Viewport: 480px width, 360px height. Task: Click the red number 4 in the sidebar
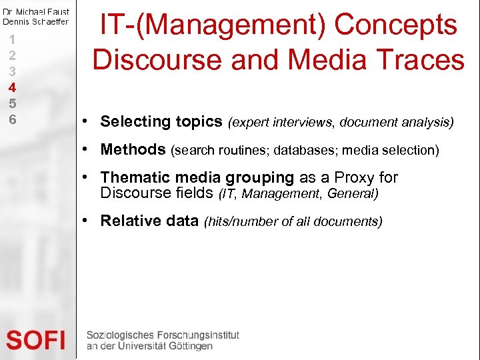[12, 87]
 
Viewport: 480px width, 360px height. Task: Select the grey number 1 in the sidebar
[12, 39]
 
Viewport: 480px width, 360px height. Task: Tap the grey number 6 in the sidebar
[12, 119]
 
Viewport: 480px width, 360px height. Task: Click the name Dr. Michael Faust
[35, 12]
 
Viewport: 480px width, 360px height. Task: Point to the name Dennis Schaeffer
[35, 22]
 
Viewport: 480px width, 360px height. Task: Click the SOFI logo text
[36, 340]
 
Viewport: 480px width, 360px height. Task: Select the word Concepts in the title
[395, 25]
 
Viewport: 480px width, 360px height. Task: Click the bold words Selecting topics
[161, 121]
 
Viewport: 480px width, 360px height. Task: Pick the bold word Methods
[133, 149]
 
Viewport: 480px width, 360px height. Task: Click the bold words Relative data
[149, 221]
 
